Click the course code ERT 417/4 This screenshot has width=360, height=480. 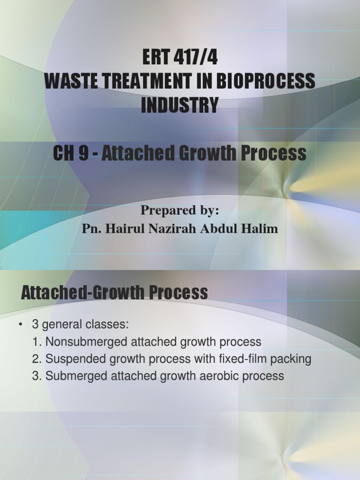pos(180,60)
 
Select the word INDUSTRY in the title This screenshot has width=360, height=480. pos(180,105)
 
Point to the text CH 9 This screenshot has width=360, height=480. pos(72,153)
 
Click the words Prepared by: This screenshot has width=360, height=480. pos(180,211)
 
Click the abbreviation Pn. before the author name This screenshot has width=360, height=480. pos(91,229)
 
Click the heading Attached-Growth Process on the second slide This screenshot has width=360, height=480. pos(114,293)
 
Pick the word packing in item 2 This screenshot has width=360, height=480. pos(293,359)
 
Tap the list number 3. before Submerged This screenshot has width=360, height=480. pos(37,376)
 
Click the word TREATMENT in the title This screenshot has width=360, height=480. pos(144,82)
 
